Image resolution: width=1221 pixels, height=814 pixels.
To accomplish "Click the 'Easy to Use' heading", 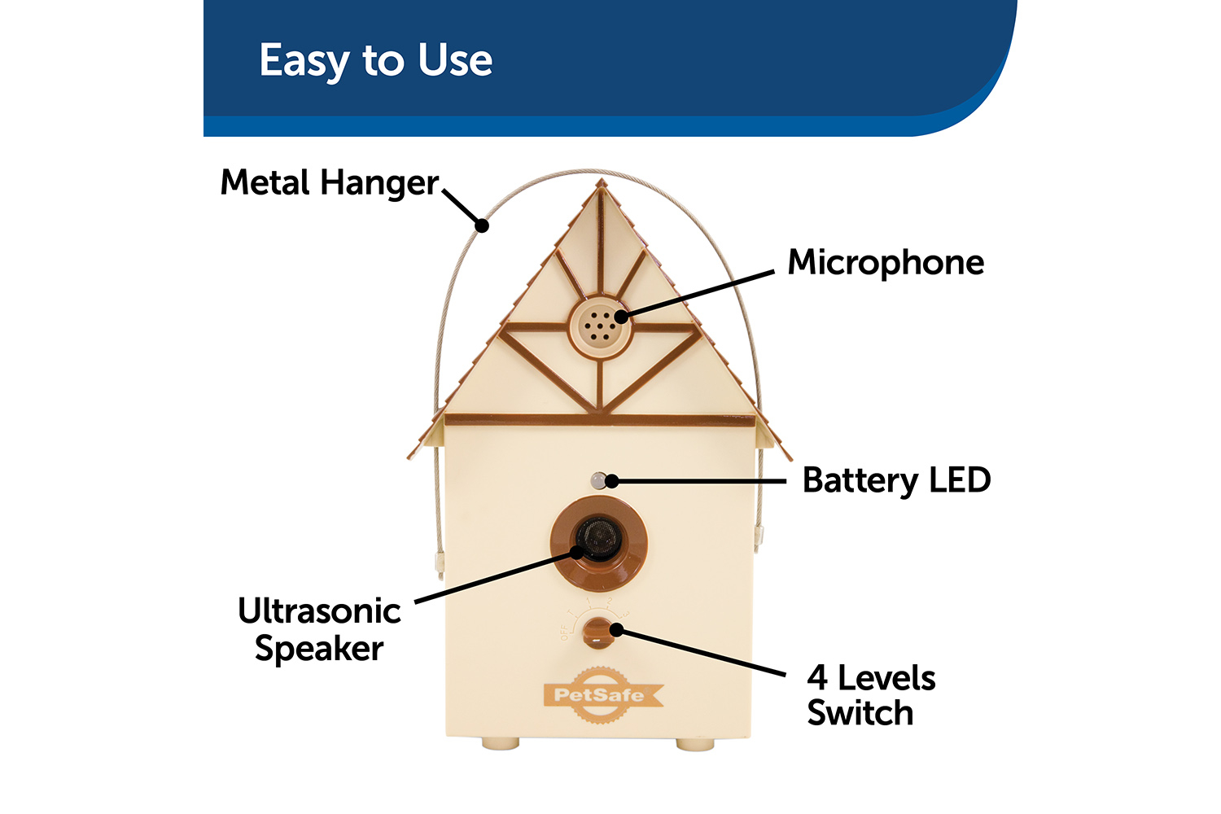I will [x=375, y=61].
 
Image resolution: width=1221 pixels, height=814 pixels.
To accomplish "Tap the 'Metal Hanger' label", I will [x=329, y=183].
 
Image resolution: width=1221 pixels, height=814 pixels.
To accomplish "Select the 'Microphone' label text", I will [x=886, y=263].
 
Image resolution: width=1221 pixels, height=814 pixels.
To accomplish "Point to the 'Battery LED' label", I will [x=896, y=480].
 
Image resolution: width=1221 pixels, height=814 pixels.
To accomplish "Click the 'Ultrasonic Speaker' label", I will [x=319, y=629].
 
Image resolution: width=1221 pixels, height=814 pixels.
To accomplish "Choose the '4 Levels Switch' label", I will [x=870, y=695].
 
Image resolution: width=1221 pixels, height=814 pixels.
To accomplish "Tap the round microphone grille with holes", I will [x=600, y=326].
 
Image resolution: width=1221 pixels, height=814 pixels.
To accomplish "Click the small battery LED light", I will [x=599, y=480].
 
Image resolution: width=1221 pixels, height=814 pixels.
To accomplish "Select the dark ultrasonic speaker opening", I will [x=599, y=538].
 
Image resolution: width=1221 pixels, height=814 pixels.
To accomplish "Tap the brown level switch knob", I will [x=598, y=632].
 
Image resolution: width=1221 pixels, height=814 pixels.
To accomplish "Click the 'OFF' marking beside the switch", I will [x=564, y=632].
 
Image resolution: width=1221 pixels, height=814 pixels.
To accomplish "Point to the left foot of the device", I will [x=500, y=743].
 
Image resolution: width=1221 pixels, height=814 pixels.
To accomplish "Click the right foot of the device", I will [x=695, y=743].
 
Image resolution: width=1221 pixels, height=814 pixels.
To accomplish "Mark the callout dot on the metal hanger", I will [x=483, y=225].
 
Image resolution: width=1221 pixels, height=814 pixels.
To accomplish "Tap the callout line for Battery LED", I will [x=700, y=481].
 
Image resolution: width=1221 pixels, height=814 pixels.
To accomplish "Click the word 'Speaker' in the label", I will [x=319, y=649].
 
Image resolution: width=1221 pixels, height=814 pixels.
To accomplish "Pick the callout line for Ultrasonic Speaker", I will [x=497, y=577].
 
